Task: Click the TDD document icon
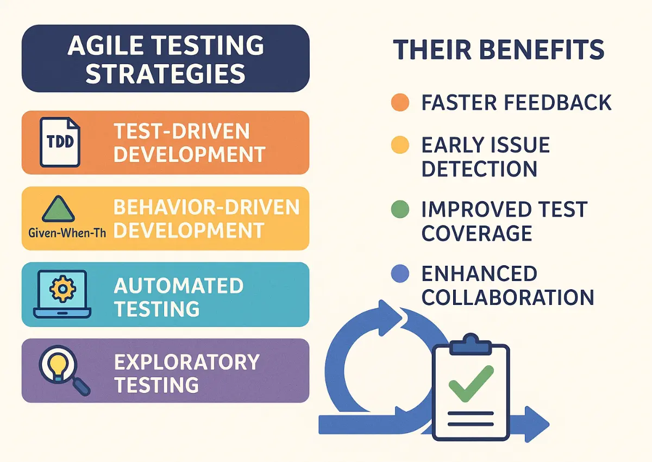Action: [x=60, y=142]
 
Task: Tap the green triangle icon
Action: [x=59, y=209]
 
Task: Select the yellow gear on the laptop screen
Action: [x=62, y=289]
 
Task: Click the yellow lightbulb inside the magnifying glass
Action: [x=58, y=367]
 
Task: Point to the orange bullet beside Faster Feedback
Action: [x=400, y=103]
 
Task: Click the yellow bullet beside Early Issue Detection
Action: [x=400, y=145]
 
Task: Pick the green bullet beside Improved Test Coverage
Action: [x=400, y=209]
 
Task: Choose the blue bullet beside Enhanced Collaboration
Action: [x=400, y=273]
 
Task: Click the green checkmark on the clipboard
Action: [x=471, y=384]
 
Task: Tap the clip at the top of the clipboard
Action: [x=471, y=345]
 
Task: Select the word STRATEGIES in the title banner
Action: [x=165, y=74]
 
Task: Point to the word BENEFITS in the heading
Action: [x=542, y=49]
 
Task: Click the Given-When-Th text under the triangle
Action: [x=67, y=233]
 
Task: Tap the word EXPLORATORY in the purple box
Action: [x=186, y=362]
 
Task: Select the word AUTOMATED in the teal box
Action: [x=179, y=285]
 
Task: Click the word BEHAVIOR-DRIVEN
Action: [x=206, y=207]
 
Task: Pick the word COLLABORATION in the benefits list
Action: [x=508, y=297]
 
